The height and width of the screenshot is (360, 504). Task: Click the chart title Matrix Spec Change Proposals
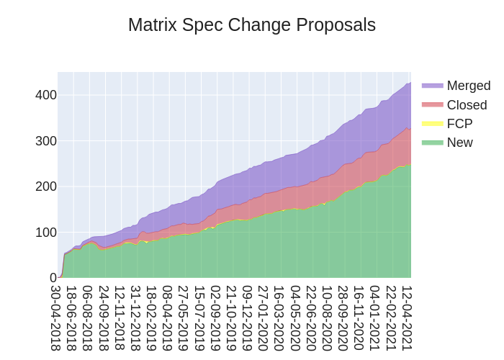[x=252, y=24]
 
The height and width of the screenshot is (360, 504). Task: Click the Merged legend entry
[x=468, y=86]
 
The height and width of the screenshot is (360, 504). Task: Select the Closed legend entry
[x=467, y=105]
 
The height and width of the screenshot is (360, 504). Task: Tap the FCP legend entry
[x=459, y=124]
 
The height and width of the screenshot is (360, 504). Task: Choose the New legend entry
[x=459, y=143]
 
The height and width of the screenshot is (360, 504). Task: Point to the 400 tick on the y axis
[x=45, y=95]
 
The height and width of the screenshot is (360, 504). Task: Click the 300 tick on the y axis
[x=45, y=140]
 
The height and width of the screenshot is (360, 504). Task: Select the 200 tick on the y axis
[x=45, y=186]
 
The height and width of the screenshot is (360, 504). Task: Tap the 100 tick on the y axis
[x=45, y=232]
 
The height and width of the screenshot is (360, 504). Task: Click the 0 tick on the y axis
[x=53, y=277]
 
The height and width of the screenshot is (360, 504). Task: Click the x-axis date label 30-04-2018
[x=55, y=318]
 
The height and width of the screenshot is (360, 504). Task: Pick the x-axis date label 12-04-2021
[x=406, y=318]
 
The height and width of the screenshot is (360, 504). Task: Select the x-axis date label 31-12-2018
[x=135, y=318]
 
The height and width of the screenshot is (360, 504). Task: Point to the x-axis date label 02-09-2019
[x=215, y=318]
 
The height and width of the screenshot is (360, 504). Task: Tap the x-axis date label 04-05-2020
[x=294, y=318]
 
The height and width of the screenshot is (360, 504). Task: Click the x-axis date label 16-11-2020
[x=358, y=318]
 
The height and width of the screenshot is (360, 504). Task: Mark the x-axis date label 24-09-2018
[x=103, y=318]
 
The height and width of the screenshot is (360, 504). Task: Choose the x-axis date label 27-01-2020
[x=263, y=318]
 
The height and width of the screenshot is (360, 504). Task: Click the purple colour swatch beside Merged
[x=433, y=86]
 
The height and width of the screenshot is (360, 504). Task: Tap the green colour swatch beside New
[x=433, y=143]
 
